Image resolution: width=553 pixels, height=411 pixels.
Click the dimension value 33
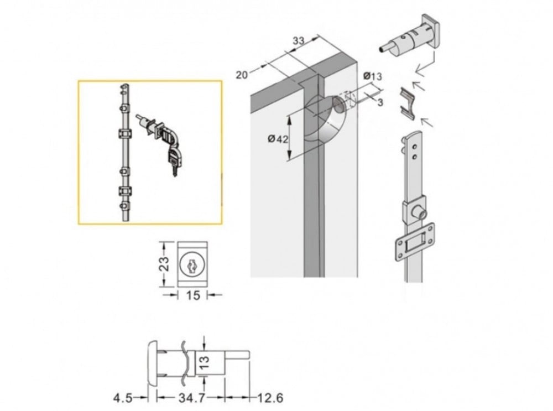(x=299, y=41)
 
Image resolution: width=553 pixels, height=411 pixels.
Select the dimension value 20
(x=242, y=75)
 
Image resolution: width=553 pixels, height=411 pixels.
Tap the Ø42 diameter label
(x=278, y=139)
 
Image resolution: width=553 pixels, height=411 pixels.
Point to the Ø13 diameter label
(x=372, y=76)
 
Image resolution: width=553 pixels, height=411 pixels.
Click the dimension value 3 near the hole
(x=380, y=102)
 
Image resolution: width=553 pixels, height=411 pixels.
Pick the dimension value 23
(x=165, y=263)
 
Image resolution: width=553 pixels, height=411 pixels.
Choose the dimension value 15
(x=193, y=295)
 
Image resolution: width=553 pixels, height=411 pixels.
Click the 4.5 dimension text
(x=123, y=398)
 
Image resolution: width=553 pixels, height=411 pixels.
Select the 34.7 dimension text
(x=191, y=398)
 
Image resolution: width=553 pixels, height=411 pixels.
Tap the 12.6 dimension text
(x=270, y=398)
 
